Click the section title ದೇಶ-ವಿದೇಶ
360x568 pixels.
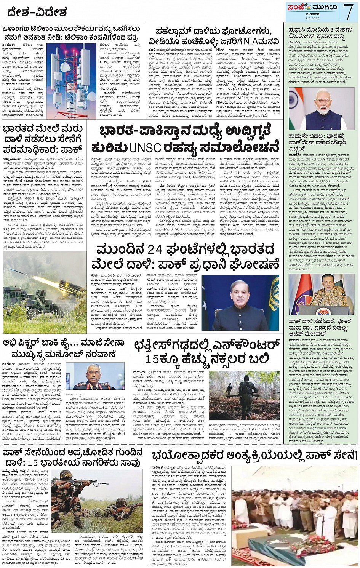[37, 13]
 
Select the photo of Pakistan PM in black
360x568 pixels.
[240, 303]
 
